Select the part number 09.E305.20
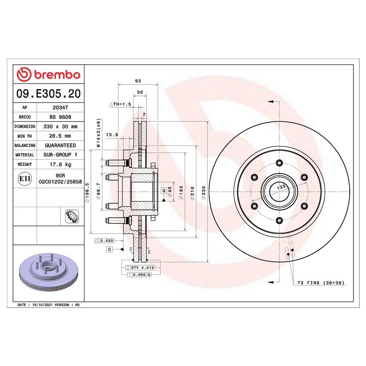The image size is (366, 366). click(x=48, y=93)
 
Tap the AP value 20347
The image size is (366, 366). click(x=59, y=109)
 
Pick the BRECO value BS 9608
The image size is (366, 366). click(x=59, y=118)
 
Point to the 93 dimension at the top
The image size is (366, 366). click(x=138, y=81)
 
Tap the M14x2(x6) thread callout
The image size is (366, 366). click(x=98, y=133)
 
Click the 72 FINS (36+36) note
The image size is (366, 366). click(x=321, y=283)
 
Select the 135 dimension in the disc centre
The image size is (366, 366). click(x=281, y=187)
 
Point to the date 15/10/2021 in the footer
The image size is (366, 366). click(x=40, y=304)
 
